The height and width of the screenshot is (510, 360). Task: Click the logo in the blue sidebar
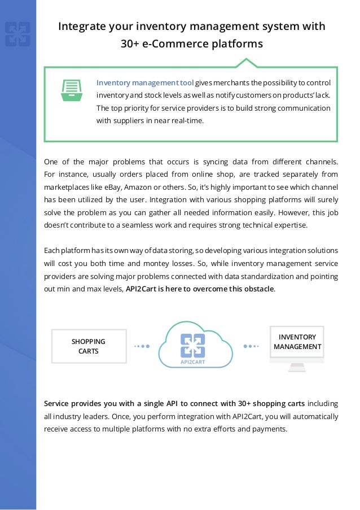(17, 34)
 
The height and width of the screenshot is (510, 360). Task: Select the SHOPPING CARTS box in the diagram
(88, 346)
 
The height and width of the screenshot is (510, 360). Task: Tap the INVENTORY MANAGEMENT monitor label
(297, 342)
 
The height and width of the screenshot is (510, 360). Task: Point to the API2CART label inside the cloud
(192, 361)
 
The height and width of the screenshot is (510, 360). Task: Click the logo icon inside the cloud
(192, 345)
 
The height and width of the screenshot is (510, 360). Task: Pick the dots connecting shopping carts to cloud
(141, 346)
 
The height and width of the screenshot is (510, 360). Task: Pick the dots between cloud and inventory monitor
(252, 346)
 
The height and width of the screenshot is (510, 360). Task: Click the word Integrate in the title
(82, 27)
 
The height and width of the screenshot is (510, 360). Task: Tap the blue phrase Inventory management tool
(145, 82)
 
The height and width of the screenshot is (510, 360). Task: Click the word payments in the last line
(269, 429)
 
